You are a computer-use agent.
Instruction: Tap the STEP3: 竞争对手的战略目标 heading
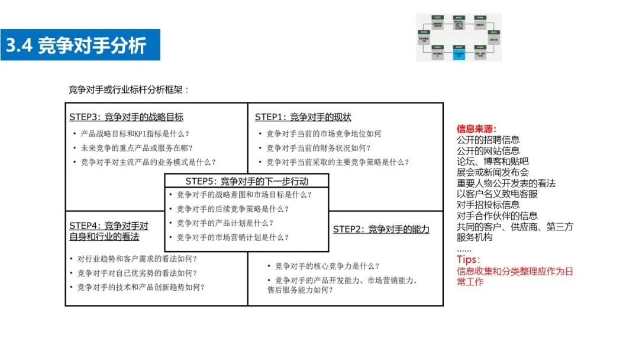126,117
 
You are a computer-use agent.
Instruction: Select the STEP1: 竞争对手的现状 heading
303,117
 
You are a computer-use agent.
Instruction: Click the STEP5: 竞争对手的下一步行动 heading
247,181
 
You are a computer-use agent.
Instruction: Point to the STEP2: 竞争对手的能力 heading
381,229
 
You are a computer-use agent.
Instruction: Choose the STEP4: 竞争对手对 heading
109,226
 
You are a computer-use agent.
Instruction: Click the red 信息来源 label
476,128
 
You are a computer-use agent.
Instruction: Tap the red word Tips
469,260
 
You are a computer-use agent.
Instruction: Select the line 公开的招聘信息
488,140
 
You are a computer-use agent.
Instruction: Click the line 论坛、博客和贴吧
492,162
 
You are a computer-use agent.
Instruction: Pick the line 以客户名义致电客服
497,194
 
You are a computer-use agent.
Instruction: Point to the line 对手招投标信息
488,205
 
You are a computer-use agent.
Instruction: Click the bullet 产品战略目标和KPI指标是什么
135,134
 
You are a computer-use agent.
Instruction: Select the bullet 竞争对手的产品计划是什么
225,223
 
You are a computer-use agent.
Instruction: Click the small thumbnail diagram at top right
459,37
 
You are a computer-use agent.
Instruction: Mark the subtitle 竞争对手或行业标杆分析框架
128,90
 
